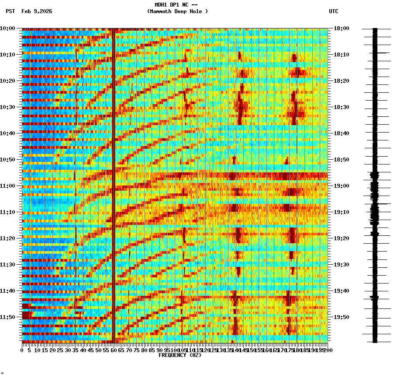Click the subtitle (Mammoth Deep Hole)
177,11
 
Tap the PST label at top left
10,11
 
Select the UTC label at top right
333,11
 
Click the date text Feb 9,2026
36,11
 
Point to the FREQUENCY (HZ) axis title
180,355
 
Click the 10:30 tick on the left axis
8,107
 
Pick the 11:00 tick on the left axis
8,186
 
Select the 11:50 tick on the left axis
8,317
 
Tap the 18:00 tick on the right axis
341,28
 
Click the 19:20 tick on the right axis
341,238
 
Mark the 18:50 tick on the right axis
341,160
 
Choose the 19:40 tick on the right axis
341,291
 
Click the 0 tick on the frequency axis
22,350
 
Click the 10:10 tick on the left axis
8,55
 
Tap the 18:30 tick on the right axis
341,107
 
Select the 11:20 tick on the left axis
8,238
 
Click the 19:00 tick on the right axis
341,186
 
